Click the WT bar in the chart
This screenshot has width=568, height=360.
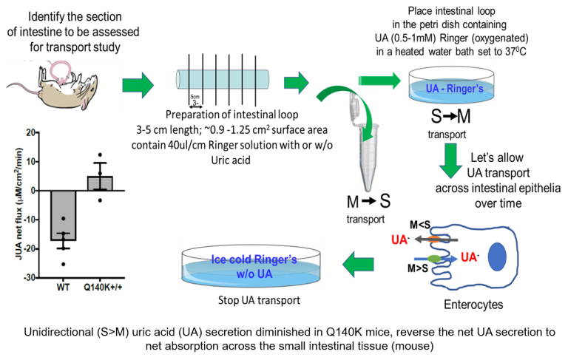tap(64, 216)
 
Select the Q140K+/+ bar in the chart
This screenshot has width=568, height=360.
tap(100, 183)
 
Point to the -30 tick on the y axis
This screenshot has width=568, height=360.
tap(30, 278)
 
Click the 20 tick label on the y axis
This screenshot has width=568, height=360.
tap(30, 132)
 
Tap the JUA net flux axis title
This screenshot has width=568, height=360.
tap(18, 203)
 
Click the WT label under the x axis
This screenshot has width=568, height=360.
tap(63, 288)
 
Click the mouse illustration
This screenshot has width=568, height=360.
tap(53, 86)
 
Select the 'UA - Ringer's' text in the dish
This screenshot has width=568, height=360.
tap(454, 89)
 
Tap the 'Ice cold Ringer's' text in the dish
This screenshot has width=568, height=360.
tap(254, 259)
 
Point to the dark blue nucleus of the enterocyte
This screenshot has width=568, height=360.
tap(497, 257)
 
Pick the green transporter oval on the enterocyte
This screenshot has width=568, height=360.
tap(435, 259)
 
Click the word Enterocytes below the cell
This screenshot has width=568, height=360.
tap(473, 305)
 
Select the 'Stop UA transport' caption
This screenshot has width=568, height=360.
tap(259, 300)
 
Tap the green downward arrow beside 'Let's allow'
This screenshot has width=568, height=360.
tap(450, 160)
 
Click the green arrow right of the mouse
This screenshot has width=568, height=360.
tap(138, 85)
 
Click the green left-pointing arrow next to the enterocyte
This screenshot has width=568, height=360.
tap(358, 265)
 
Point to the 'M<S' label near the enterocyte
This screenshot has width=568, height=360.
tap(420, 225)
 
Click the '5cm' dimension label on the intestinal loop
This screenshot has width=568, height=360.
tap(195, 97)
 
